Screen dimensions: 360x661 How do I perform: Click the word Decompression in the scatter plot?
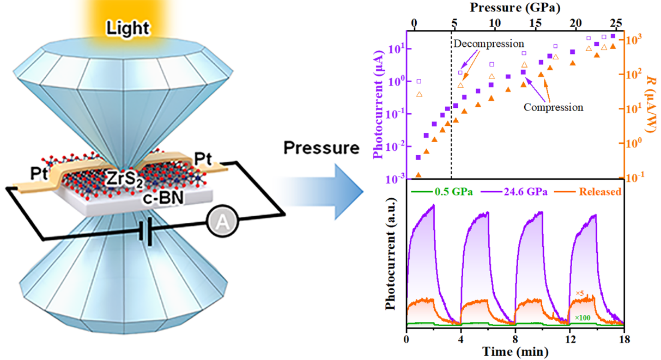click(488, 43)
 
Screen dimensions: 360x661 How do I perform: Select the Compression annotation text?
click(553, 107)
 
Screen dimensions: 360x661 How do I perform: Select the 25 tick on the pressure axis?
click(616, 23)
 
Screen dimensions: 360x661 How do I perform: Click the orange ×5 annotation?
click(580, 294)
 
